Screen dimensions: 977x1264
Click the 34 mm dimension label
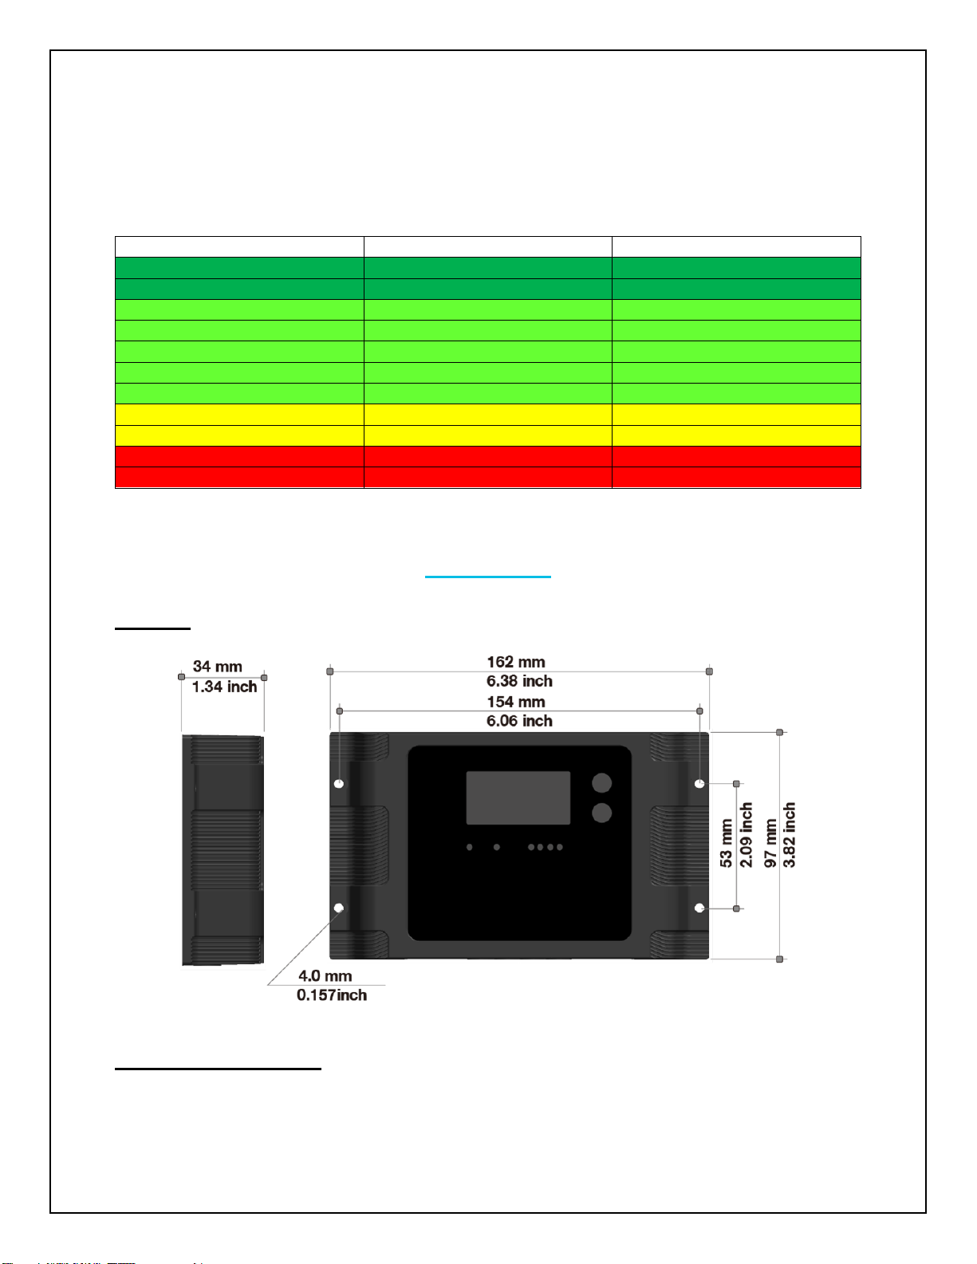pos(218,666)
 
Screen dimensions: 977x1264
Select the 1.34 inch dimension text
pos(224,687)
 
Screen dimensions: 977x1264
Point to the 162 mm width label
pos(516,662)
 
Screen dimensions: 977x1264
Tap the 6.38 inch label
pos(519,681)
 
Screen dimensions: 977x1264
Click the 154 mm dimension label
pos(516,702)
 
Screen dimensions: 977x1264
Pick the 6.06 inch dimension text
pos(519,721)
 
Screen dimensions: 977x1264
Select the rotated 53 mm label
pos(726,843)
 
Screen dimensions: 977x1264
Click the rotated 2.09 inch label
pos(746,835)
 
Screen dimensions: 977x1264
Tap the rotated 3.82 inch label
pos(789,835)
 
